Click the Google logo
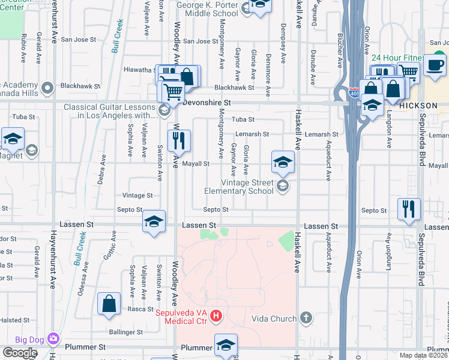click(x=20, y=353)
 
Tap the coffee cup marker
click(x=435, y=65)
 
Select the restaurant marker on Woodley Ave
click(x=179, y=142)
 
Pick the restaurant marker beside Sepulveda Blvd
click(x=408, y=209)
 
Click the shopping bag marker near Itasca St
click(x=109, y=304)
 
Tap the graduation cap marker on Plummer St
click(x=226, y=345)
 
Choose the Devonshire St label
click(x=206, y=103)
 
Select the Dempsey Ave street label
click(x=282, y=36)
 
